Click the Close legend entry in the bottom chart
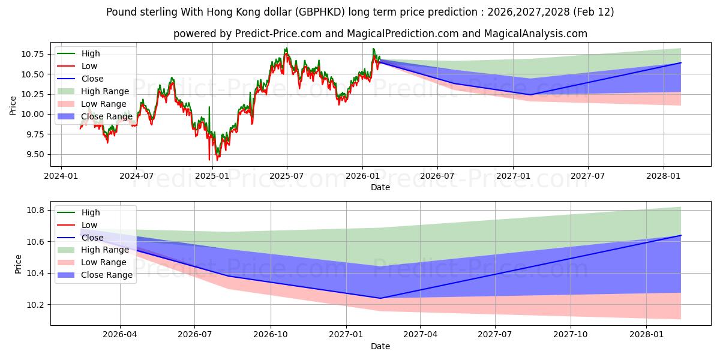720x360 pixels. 92,238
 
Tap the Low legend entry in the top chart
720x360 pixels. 89,66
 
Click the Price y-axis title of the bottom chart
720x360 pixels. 19,264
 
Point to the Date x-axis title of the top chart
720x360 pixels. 380,187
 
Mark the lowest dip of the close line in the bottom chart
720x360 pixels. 380,298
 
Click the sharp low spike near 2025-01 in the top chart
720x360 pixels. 209,160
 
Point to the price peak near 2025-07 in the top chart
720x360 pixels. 286,48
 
